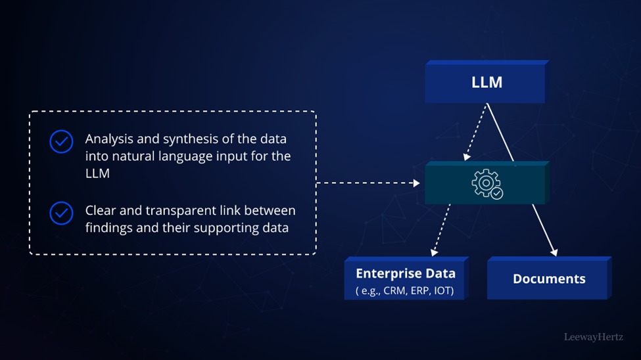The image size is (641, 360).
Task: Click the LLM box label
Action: (487, 82)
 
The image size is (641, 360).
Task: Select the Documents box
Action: (549, 278)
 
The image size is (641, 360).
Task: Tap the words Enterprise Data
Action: (406, 273)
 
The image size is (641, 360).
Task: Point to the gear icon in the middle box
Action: (487, 184)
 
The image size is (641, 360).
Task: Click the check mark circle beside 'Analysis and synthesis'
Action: (61, 141)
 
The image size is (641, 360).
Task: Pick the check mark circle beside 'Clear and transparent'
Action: (61, 213)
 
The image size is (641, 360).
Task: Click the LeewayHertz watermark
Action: (594, 337)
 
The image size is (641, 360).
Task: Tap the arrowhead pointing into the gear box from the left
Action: (417, 183)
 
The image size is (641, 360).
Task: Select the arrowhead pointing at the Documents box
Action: (554, 252)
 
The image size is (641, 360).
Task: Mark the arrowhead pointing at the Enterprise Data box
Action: (434, 252)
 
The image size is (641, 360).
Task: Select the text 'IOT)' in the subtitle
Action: (444, 290)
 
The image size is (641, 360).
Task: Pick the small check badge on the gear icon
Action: (497, 193)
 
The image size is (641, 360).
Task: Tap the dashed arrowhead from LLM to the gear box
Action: (467, 156)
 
